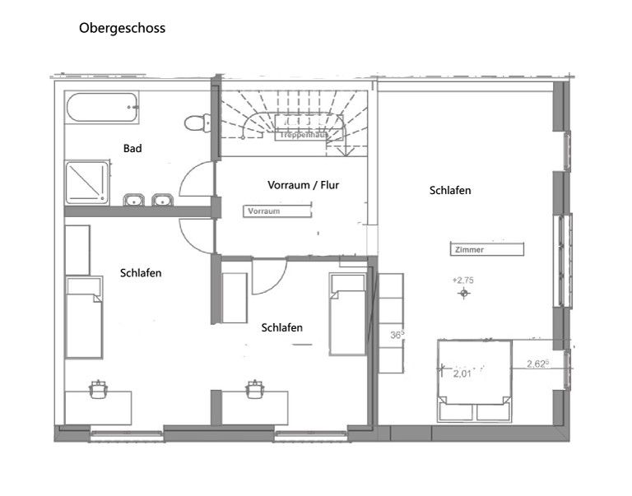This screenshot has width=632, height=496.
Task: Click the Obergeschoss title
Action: click(122, 28)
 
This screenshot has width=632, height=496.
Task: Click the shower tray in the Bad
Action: click(86, 182)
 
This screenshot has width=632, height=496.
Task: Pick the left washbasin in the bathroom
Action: click(134, 200)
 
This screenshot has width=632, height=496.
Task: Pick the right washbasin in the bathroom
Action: click(162, 200)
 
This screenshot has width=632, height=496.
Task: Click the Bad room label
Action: click(132, 149)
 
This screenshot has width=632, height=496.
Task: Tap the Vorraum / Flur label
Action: click(303, 185)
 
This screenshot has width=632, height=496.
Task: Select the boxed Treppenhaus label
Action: click(300, 134)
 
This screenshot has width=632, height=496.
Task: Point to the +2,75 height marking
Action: click(464, 280)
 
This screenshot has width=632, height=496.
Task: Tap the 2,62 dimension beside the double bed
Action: click(538, 363)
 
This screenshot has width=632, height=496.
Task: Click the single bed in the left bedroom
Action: click(83, 318)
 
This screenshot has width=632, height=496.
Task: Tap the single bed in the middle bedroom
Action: click(347, 314)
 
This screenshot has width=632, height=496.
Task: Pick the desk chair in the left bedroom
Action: click(100, 388)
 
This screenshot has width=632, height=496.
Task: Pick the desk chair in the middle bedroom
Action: click(255, 388)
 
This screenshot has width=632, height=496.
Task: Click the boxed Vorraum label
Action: click(264, 211)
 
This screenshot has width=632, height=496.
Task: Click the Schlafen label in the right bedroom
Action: click(450, 190)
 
